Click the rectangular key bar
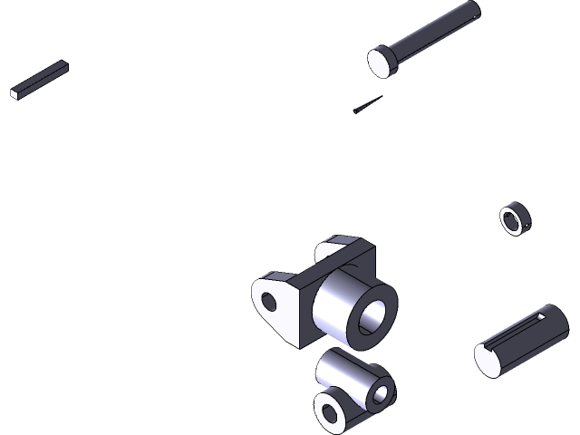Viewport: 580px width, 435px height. tap(42, 79)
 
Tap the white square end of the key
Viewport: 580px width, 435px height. tap(15, 92)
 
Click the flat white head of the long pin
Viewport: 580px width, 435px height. tap(382, 62)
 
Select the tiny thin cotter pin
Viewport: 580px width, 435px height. tap(367, 105)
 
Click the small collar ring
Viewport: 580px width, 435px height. tap(515, 219)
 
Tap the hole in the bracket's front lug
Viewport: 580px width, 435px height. tap(269, 300)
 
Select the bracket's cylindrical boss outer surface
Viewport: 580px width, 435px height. tap(335, 304)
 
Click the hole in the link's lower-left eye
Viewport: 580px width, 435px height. tap(329, 413)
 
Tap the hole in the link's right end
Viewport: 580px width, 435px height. tap(381, 392)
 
